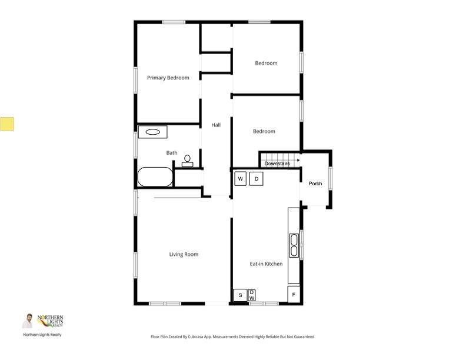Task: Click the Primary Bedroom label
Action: [x=168, y=78]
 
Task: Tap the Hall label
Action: [x=216, y=125]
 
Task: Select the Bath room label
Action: [x=172, y=153]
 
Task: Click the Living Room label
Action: [x=184, y=254]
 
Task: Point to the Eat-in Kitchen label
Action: [x=266, y=264]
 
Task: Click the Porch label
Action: [x=315, y=184]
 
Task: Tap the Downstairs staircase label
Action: [x=281, y=164]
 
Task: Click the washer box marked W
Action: [x=241, y=179]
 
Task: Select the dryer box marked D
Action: [x=257, y=179]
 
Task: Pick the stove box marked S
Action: [x=240, y=295]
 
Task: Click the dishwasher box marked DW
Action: [x=252, y=295]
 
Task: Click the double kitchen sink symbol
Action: [x=294, y=246]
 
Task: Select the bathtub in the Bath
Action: [x=155, y=176]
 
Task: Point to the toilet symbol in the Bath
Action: [x=188, y=161]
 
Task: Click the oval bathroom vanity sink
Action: [x=152, y=132]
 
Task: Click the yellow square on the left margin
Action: [x=7, y=124]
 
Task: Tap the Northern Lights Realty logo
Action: [x=43, y=321]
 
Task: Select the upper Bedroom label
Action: [x=266, y=63]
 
